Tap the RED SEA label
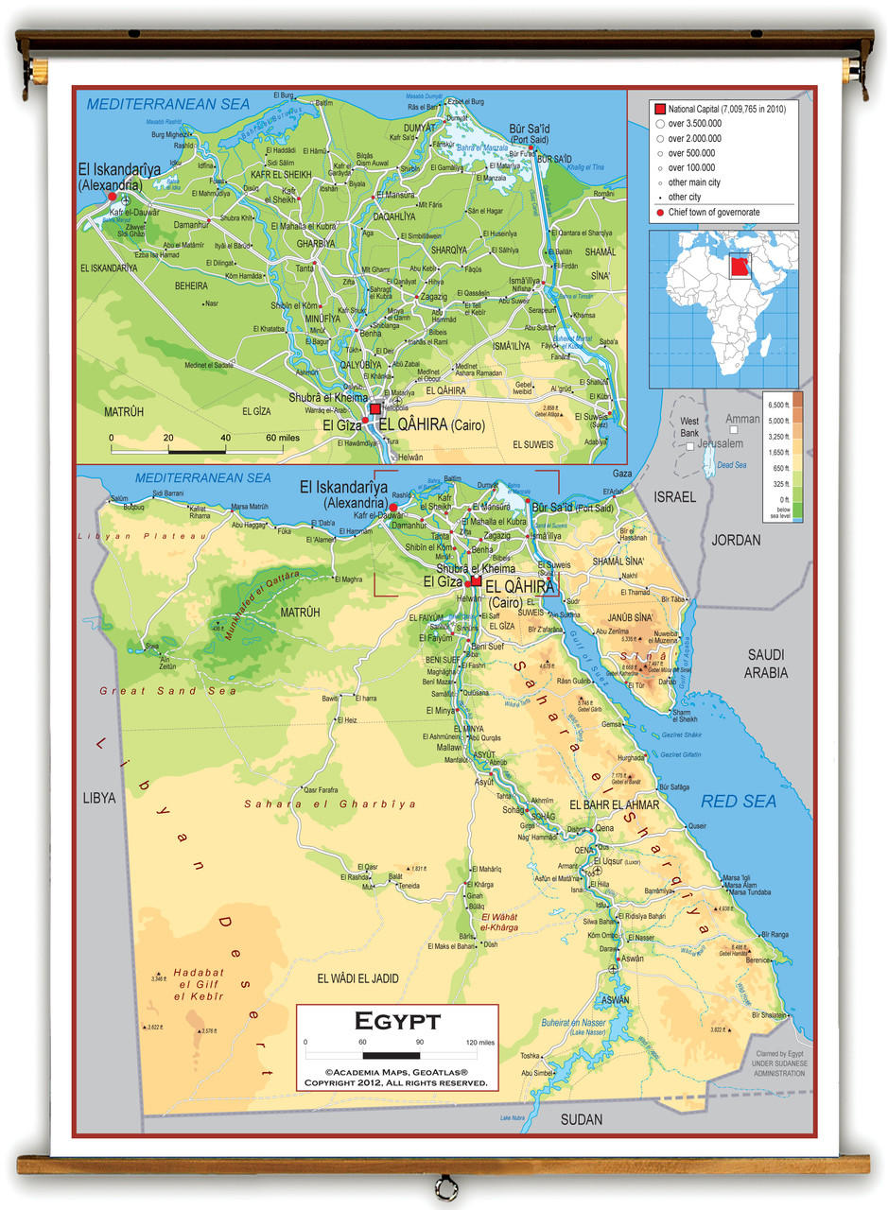(x=738, y=802)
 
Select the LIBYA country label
(x=98, y=798)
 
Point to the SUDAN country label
(x=581, y=1119)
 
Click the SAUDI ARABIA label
(x=766, y=664)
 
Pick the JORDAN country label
(x=735, y=541)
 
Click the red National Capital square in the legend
(x=660, y=109)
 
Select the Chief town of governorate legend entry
(x=713, y=212)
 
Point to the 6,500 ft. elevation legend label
(x=777, y=403)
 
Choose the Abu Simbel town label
(x=537, y=1073)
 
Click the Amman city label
(x=741, y=419)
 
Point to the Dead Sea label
(x=731, y=465)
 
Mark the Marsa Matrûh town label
(x=250, y=507)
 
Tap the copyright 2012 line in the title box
(x=396, y=1082)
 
